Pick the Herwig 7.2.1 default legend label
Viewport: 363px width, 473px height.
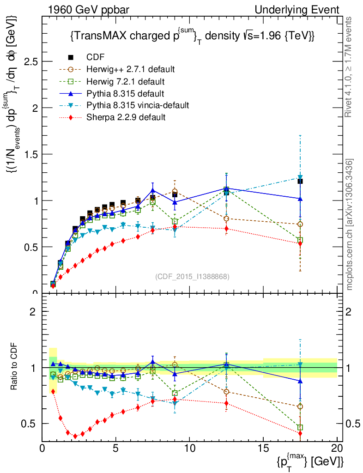pyautogui.click(x=126, y=81)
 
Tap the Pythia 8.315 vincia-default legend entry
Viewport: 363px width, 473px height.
pyautogui.click(x=138, y=105)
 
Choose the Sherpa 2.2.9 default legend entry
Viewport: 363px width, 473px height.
pyautogui.click(x=126, y=117)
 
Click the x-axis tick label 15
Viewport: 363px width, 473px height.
pyautogui.click(x=263, y=449)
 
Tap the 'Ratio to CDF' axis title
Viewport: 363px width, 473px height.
pyautogui.click(x=14, y=368)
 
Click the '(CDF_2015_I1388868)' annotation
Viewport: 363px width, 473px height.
pyautogui.click(x=192, y=276)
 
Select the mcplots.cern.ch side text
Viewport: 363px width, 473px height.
pyautogui.click(x=350, y=224)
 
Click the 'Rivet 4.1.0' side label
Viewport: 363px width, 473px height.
pyautogui.click(x=350, y=67)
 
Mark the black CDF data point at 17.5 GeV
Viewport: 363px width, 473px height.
pyautogui.click(x=300, y=181)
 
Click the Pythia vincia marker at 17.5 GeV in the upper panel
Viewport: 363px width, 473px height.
pyautogui.click(x=300, y=177)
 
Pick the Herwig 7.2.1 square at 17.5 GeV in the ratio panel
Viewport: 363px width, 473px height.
pyautogui.click(x=300, y=428)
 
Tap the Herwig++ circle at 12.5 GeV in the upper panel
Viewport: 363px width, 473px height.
pyautogui.click(x=226, y=218)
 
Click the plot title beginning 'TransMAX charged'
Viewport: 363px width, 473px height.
pyautogui.click(x=192, y=36)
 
